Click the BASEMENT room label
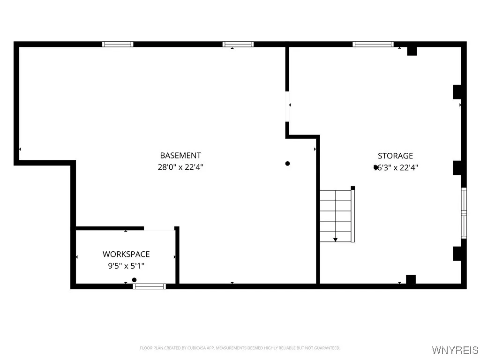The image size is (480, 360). click(180, 156)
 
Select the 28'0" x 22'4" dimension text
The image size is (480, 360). click(180, 167)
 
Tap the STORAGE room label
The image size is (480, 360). click(395, 156)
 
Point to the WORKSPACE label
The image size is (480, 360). click(126, 254)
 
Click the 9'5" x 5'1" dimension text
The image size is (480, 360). click(126, 266)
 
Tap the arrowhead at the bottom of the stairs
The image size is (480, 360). click(335, 240)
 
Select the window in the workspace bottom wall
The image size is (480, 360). click(150, 286)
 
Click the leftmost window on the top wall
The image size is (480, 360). click(118, 45)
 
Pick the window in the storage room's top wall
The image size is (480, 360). click(373, 45)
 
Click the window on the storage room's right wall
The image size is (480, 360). click(464, 213)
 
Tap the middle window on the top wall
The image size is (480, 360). click(238, 45)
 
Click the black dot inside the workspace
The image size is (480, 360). click(135, 280)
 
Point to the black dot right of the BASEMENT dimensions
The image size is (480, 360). click(288, 164)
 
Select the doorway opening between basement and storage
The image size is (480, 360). click(287, 107)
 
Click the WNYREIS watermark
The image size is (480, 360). click(455, 350)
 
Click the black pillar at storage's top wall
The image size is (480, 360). click(412, 51)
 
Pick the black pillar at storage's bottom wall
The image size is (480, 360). click(411, 279)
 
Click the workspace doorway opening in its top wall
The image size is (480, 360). click(159, 229)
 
